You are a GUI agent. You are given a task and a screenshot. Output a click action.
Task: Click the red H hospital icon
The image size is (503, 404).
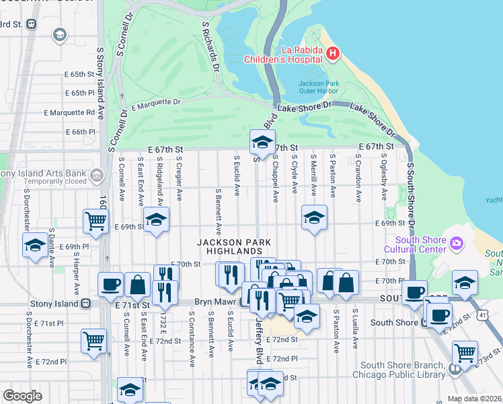332,53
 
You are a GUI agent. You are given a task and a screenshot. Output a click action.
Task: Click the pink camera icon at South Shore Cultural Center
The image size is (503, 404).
457,242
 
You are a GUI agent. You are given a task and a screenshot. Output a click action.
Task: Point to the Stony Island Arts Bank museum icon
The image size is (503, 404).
96,176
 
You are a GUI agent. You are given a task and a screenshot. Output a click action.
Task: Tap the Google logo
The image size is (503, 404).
22,396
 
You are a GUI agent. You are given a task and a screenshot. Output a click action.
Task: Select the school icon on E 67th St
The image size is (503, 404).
262,142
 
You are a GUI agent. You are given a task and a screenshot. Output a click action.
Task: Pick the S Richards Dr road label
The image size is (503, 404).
211,46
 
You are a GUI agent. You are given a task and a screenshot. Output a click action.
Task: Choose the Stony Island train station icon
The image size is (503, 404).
86,304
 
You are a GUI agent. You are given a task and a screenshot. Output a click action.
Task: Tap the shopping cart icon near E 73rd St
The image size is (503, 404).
465,351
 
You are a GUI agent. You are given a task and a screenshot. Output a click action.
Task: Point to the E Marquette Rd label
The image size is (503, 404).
69,112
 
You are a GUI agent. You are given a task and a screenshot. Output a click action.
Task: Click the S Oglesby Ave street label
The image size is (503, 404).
384,180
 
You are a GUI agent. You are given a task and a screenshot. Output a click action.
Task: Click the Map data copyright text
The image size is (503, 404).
472,398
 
